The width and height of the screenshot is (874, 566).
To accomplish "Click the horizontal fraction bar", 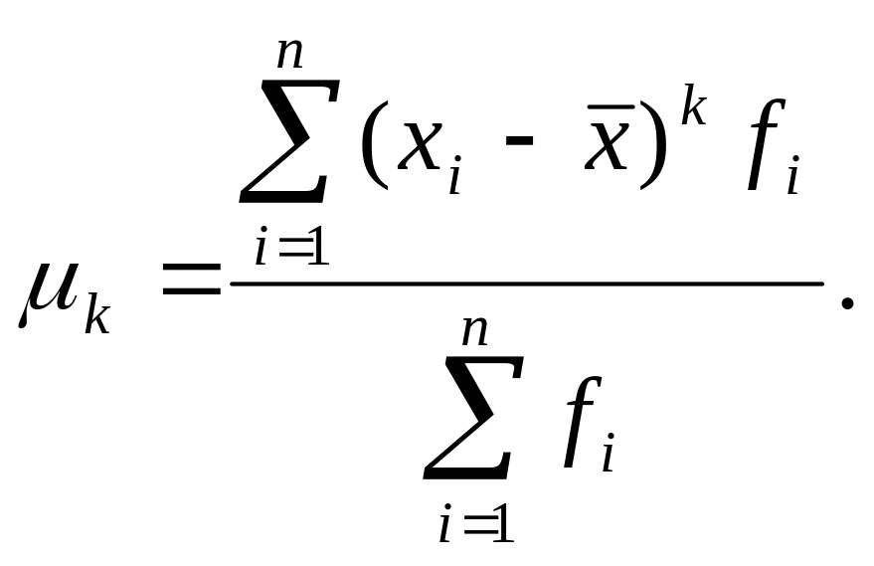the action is click(x=527, y=283).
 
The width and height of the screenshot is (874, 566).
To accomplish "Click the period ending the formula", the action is click(x=846, y=301).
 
